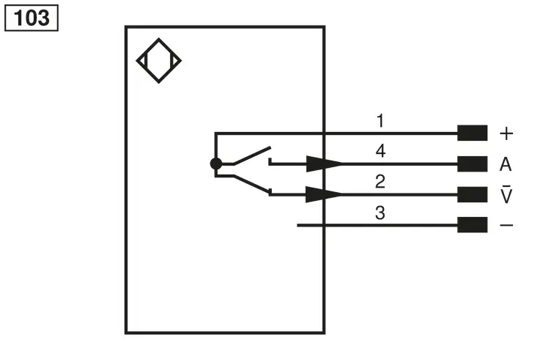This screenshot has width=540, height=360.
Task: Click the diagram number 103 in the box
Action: pyautogui.click(x=32, y=18)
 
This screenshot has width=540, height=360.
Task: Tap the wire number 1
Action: pyautogui.click(x=380, y=121)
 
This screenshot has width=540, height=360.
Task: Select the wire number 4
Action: pyautogui.click(x=380, y=151)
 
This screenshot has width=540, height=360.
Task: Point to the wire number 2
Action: pyautogui.click(x=380, y=181)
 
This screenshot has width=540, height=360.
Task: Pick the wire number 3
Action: pyautogui.click(x=380, y=213)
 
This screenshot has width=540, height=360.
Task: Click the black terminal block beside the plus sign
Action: pyautogui.click(x=472, y=133)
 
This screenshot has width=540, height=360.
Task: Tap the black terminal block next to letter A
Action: pyautogui.click(x=472, y=164)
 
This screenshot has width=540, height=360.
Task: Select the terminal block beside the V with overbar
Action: pyautogui.click(x=472, y=194)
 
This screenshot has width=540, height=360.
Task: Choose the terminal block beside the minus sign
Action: pyautogui.click(x=472, y=224)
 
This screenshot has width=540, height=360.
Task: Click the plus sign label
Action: pyautogui.click(x=506, y=133)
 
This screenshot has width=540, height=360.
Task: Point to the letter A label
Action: pyautogui.click(x=506, y=164)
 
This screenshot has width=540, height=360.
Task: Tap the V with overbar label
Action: pyautogui.click(x=506, y=194)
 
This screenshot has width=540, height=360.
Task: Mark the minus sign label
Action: pyautogui.click(x=506, y=225)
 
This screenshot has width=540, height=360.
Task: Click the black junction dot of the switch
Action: pyautogui.click(x=216, y=164)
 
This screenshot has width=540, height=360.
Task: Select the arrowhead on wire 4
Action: pyautogui.click(x=324, y=164)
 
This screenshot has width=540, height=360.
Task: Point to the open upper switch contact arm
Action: pyautogui.click(x=253, y=155)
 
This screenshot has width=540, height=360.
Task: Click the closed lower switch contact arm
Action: pyautogui.click(x=252, y=183)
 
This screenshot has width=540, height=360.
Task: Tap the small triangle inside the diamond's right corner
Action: pyautogui.click(x=176, y=61)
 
